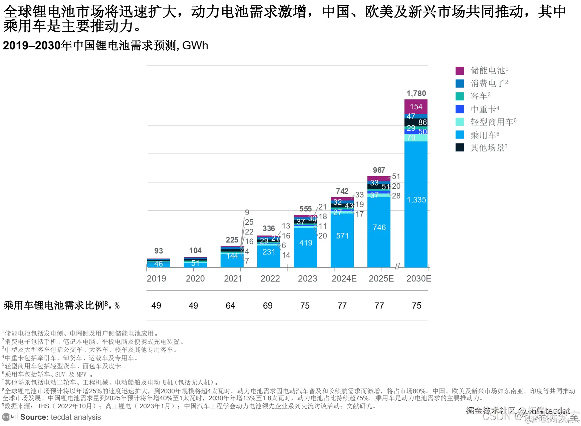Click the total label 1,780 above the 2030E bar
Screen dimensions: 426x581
coord(416,93)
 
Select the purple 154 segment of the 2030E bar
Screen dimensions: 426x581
coord(416,107)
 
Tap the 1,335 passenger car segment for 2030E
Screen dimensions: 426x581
coord(416,200)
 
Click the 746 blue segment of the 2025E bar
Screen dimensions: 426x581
coord(379,228)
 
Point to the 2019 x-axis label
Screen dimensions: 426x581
coord(156,279)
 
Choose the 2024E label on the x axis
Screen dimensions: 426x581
coord(344,279)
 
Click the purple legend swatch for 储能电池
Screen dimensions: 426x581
coord(460,71)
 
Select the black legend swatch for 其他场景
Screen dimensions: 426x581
coord(460,147)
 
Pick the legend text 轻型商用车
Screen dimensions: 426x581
coord(492,122)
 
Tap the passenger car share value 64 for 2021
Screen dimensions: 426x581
coord(230,306)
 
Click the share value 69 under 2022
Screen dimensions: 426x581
coord(268,306)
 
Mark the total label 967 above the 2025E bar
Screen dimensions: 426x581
coord(379,170)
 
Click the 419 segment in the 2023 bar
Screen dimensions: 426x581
coord(306,243)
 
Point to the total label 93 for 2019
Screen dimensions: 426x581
coord(159,251)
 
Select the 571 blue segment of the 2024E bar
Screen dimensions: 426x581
coord(342,236)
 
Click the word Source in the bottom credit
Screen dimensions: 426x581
coord(34,417)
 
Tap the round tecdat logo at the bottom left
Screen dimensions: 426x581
coord(9,417)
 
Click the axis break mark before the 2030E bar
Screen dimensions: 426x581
coord(397,266)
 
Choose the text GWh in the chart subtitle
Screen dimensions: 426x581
coord(195,45)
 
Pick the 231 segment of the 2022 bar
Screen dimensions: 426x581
coord(269,252)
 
